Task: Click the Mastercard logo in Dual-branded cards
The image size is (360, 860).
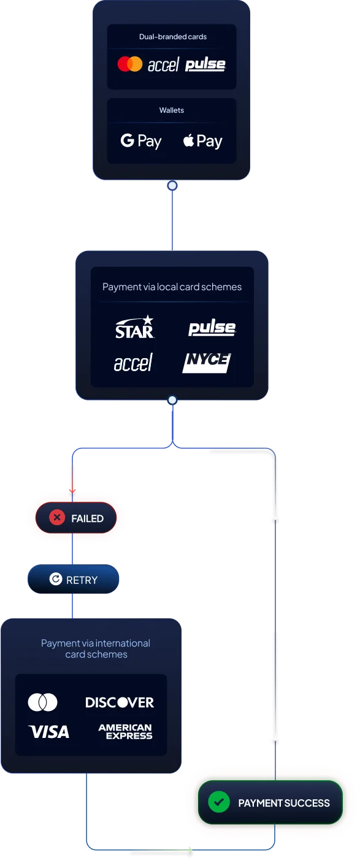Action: [x=130, y=64]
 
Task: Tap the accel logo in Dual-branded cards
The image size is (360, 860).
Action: [x=164, y=64]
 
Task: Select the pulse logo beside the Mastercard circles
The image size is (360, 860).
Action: [x=205, y=64]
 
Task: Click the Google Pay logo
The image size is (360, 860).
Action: [x=141, y=141]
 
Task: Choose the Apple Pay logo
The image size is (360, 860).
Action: [x=202, y=141]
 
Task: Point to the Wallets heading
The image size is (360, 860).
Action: [x=172, y=110]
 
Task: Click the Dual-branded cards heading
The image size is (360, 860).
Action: [x=173, y=37]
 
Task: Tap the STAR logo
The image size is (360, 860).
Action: [x=135, y=327]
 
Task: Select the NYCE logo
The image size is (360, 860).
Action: [x=207, y=363]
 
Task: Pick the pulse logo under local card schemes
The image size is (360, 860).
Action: [x=212, y=328]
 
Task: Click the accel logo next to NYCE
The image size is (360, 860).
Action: [x=133, y=363]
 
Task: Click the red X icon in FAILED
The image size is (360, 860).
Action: [x=57, y=518]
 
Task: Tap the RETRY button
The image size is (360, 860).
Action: [x=74, y=579]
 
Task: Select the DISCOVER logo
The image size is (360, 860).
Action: [x=120, y=702]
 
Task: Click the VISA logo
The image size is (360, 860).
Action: [x=48, y=732]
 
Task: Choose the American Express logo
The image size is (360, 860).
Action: [x=126, y=732]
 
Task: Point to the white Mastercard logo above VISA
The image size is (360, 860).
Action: [x=42, y=702]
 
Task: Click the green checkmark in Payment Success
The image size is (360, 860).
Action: [x=219, y=802]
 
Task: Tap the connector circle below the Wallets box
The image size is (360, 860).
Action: [x=172, y=186]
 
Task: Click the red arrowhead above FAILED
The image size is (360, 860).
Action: [x=72, y=491]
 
